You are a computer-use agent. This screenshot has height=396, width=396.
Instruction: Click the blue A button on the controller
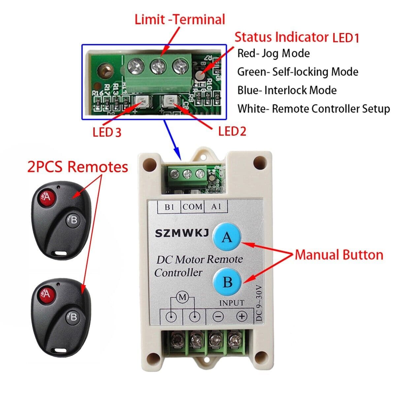[227, 237]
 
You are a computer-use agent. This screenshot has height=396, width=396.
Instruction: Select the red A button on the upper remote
[47, 197]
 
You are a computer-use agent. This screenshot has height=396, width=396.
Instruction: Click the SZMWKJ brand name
[182, 234]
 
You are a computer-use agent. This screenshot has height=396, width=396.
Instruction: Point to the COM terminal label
[192, 207]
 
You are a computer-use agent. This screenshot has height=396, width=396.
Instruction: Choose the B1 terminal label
[169, 207]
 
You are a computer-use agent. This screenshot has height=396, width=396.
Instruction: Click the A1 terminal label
[216, 207]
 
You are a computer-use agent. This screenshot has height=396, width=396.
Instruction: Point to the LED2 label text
[232, 131]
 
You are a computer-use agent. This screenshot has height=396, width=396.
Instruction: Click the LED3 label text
[107, 132]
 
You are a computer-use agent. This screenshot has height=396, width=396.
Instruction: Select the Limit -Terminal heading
[180, 19]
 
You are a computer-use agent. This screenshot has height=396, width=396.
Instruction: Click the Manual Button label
[339, 255]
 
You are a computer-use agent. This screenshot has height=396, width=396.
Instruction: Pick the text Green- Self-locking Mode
[298, 72]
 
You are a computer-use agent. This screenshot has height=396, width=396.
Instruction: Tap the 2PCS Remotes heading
[78, 167]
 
